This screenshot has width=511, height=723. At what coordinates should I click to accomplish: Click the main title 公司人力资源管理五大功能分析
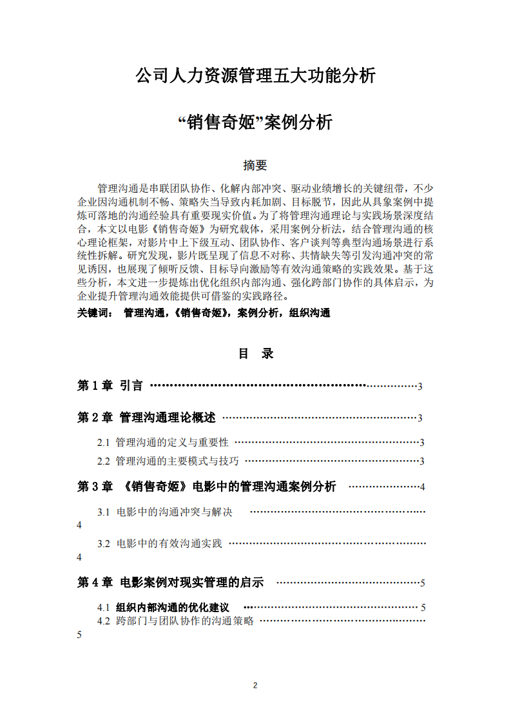(x=255, y=77)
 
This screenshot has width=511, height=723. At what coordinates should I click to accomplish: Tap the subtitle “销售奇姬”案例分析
(x=255, y=122)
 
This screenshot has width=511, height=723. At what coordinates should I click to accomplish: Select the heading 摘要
(x=255, y=166)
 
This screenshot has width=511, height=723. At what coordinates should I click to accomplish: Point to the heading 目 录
(x=256, y=354)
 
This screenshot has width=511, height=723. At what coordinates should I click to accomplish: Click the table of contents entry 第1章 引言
(x=110, y=386)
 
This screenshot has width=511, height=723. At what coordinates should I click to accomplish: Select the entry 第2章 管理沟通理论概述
(x=146, y=418)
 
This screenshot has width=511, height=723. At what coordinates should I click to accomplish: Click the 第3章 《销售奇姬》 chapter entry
(x=206, y=487)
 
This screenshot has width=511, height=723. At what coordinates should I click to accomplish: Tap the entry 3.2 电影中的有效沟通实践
(x=160, y=544)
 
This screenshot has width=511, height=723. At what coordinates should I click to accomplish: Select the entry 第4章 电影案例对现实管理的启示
(x=171, y=583)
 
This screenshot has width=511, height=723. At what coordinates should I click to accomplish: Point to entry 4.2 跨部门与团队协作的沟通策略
(x=175, y=621)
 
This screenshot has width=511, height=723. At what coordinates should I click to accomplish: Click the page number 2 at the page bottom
(x=255, y=685)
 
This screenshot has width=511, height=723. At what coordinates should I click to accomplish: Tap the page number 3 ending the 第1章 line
(x=419, y=387)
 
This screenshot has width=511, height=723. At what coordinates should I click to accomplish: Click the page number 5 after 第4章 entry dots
(x=422, y=583)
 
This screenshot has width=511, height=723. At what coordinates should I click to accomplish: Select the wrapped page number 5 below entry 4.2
(x=79, y=635)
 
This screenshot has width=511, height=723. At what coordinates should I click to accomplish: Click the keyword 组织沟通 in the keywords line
(x=310, y=313)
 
